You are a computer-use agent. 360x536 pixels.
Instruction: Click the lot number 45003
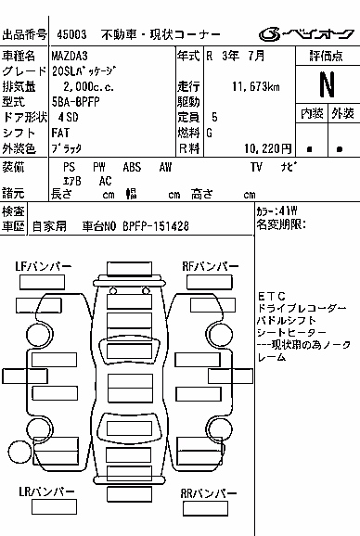click(x=71, y=34)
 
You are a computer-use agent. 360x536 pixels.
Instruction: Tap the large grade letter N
click(x=327, y=84)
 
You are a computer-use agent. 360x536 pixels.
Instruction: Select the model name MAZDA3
click(x=70, y=56)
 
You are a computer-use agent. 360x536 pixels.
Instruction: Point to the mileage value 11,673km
click(x=256, y=86)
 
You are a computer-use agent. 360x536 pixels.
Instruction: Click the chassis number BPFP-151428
click(x=156, y=226)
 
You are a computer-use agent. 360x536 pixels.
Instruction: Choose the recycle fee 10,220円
click(x=268, y=148)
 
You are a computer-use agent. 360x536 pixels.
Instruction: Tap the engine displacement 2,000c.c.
click(x=88, y=86)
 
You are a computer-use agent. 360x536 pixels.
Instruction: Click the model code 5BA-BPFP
click(x=75, y=102)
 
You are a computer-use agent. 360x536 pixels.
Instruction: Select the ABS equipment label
click(x=132, y=167)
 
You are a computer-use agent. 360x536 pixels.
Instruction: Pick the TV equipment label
click(x=256, y=167)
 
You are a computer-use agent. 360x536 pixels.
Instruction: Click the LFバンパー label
click(x=43, y=266)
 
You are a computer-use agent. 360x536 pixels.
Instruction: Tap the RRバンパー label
click(x=208, y=493)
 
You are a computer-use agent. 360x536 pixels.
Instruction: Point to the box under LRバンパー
click(x=54, y=506)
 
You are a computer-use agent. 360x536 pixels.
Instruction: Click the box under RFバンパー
click(x=210, y=282)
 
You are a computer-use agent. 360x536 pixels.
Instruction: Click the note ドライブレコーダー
click(x=302, y=308)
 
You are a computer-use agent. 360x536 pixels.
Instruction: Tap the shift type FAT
click(x=60, y=133)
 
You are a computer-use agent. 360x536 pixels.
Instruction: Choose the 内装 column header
click(x=312, y=113)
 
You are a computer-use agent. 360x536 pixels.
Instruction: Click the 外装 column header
click(x=342, y=113)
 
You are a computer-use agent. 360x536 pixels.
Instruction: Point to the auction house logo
click(x=306, y=33)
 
